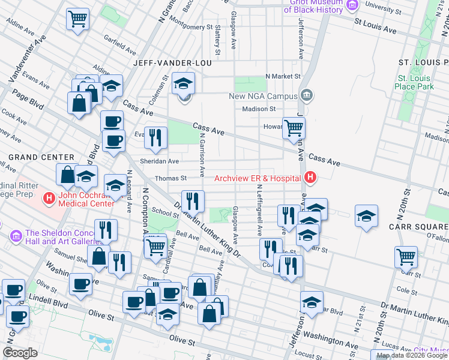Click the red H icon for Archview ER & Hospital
pyautogui.click(x=310, y=178)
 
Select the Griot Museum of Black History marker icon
pyautogui.click(x=352, y=5)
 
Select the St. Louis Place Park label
pyautogui.click(x=414, y=83)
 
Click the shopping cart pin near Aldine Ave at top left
pyautogui.click(x=78, y=19)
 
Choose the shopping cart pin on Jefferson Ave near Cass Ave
pyautogui.click(x=294, y=127)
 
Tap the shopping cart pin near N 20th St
pyautogui.click(x=406, y=257)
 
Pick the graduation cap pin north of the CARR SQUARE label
pyautogui.click(x=366, y=215)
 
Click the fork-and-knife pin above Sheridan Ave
pyautogui.click(x=155, y=137)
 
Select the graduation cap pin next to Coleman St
pyautogui.click(x=184, y=83)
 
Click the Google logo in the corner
pyautogui.click(x=20, y=352)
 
